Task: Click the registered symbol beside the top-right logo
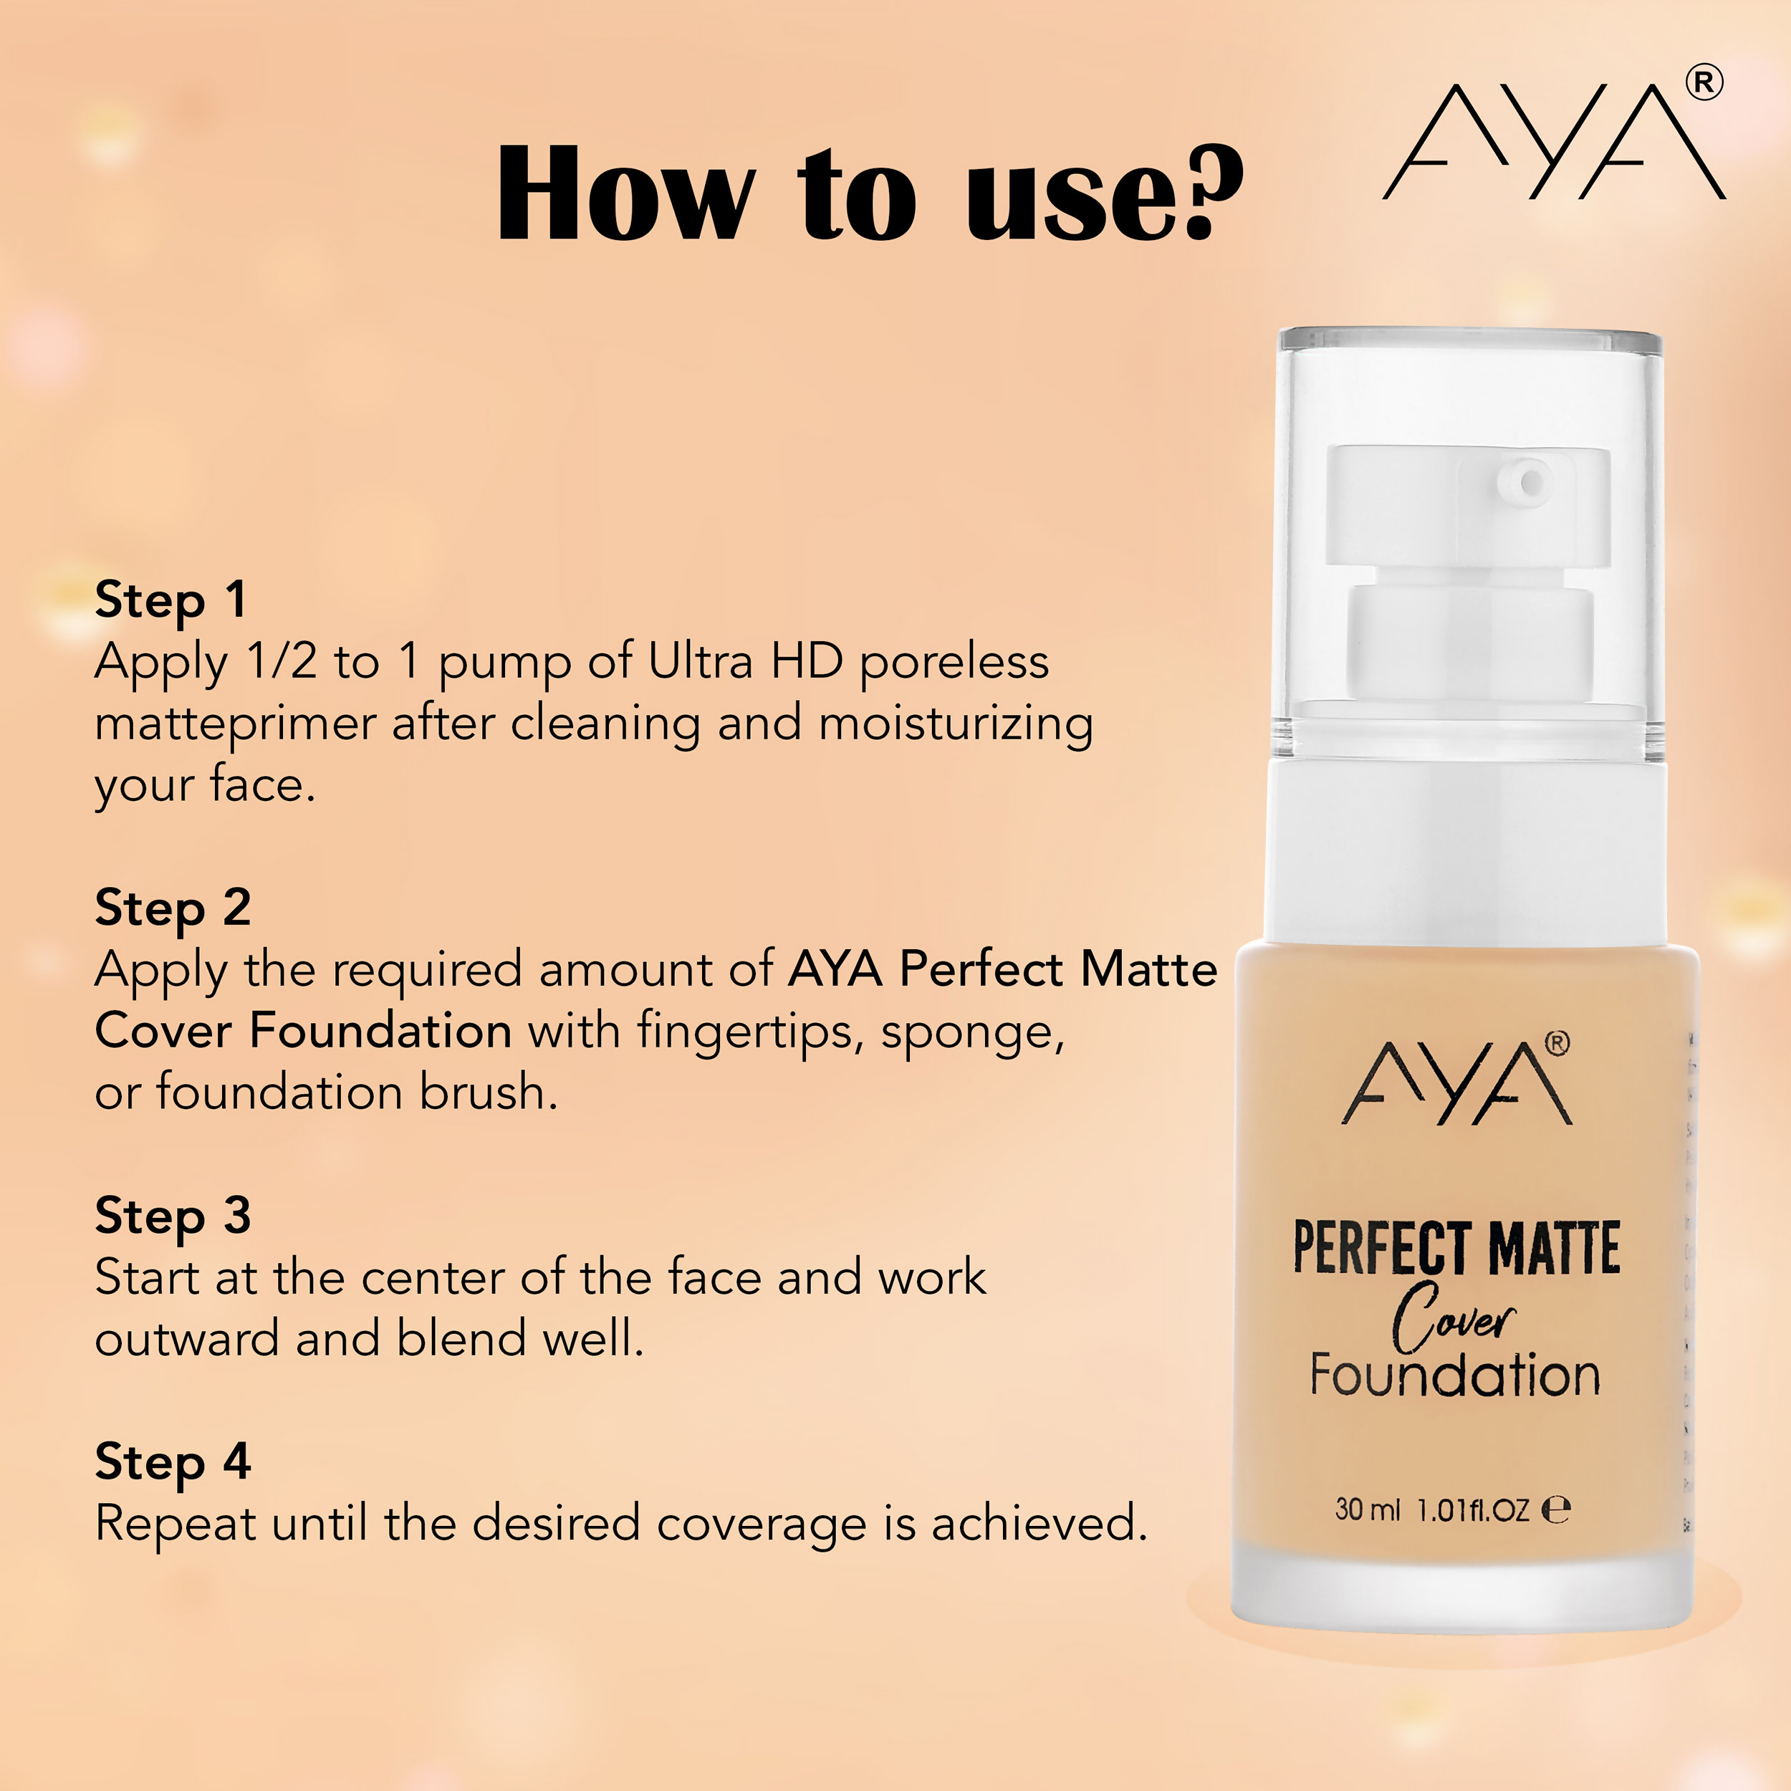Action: [x=1703, y=83]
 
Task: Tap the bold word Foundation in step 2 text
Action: [x=380, y=1031]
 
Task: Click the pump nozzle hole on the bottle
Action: [x=1532, y=482]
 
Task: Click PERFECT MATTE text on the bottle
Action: [x=1456, y=1249]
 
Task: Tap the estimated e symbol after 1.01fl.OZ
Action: [x=1555, y=1510]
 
